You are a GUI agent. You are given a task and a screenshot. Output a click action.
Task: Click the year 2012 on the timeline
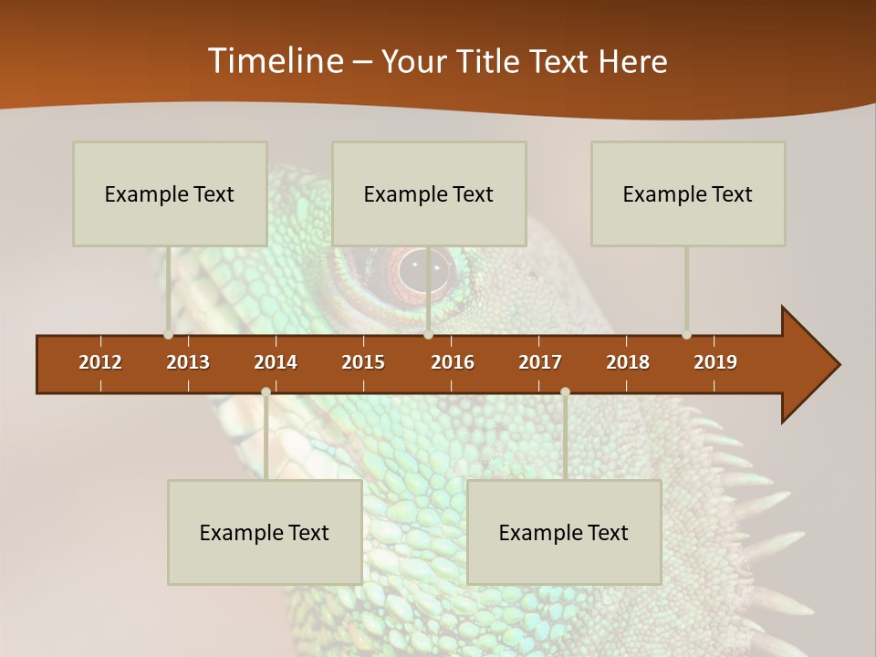tap(100, 362)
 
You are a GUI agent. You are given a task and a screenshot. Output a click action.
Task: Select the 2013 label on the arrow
tap(188, 362)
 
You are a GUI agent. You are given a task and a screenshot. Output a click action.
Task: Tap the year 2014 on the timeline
tap(276, 362)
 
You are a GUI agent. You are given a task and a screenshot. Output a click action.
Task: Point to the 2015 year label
tap(363, 362)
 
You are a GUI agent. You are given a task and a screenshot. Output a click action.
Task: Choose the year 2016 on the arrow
tap(453, 362)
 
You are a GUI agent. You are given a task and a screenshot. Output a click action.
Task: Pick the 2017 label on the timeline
tap(540, 362)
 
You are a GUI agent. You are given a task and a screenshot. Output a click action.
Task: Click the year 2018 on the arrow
tap(628, 362)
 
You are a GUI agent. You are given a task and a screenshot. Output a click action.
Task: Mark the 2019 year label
tap(715, 362)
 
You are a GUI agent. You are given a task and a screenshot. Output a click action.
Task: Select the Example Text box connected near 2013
tap(170, 193)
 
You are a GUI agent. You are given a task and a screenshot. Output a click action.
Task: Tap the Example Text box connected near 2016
tap(429, 193)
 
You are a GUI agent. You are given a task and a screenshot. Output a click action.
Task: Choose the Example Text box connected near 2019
tap(688, 193)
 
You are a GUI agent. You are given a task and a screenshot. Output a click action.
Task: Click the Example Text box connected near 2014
tap(265, 532)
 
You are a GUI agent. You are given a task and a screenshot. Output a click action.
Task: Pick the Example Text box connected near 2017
tap(564, 532)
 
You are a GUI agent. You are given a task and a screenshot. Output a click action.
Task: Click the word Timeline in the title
tap(275, 61)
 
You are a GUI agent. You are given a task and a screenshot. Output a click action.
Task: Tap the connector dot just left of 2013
tap(169, 335)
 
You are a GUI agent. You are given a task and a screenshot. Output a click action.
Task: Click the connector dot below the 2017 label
tap(565, 391)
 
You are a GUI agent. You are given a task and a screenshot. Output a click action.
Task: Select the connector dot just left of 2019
tap(687, 335)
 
